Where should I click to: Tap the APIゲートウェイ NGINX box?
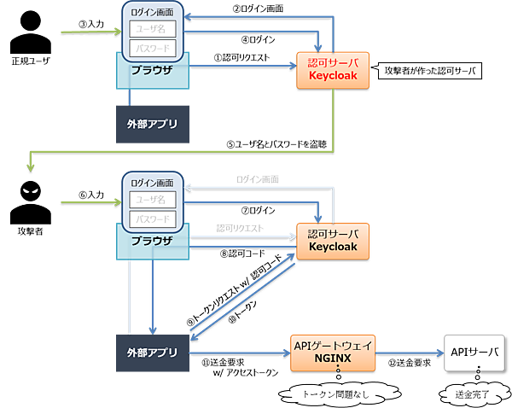tap(334, 351)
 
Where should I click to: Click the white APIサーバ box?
tap(473, 351)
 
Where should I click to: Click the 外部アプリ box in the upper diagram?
tap(152, 124)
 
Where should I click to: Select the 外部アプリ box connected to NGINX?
tap(152, 351)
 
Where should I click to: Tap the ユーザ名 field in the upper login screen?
tap(153, 29)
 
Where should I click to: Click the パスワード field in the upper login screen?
tap(153, 48)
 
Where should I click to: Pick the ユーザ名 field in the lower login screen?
tap(153, 200)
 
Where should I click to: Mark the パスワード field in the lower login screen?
tap(153, 219)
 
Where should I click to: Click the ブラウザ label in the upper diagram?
tap(152, 72)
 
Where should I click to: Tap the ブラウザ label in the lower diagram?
tap(152, 242)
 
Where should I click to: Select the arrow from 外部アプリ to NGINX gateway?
tap(240, 351)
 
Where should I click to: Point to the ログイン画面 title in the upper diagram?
tap(153, 12)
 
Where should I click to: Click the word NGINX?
tap(334, 358)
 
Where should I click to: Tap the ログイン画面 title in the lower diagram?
tap(153, 182)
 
